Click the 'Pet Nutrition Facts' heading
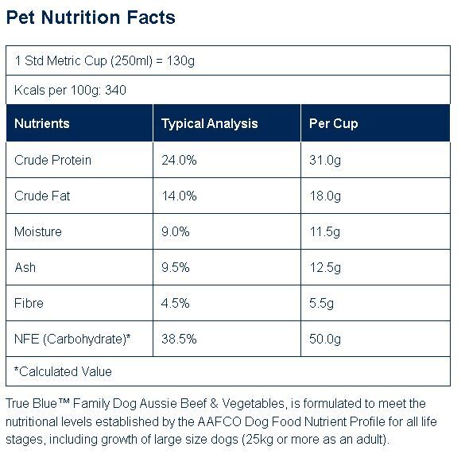[x=91, y=17]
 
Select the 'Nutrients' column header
[x=42, y=123]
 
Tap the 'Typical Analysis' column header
[x=209, y=124]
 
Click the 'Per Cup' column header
[x=333, y=124]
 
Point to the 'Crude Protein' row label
[x=52, y=161]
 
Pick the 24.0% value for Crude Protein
[x=179, y=161]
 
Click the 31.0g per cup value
[x=325, y=161]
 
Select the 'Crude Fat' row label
[x=42, y=196]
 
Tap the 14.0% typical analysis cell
[x=179, y=196]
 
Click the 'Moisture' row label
[x=38, y=231]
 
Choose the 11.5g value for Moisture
[x=325, y=232]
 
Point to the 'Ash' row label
[x=25, y=268]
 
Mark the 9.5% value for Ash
[x=175, y=268]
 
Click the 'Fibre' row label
[x=29, y=303]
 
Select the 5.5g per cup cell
[x=321, y=304]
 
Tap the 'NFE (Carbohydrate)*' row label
[x=72, y=340]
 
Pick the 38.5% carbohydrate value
[x=179, y=340]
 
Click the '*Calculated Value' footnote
[x=63, y=371]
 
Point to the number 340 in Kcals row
[x=116, y=90]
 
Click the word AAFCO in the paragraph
[x=219, y=421]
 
